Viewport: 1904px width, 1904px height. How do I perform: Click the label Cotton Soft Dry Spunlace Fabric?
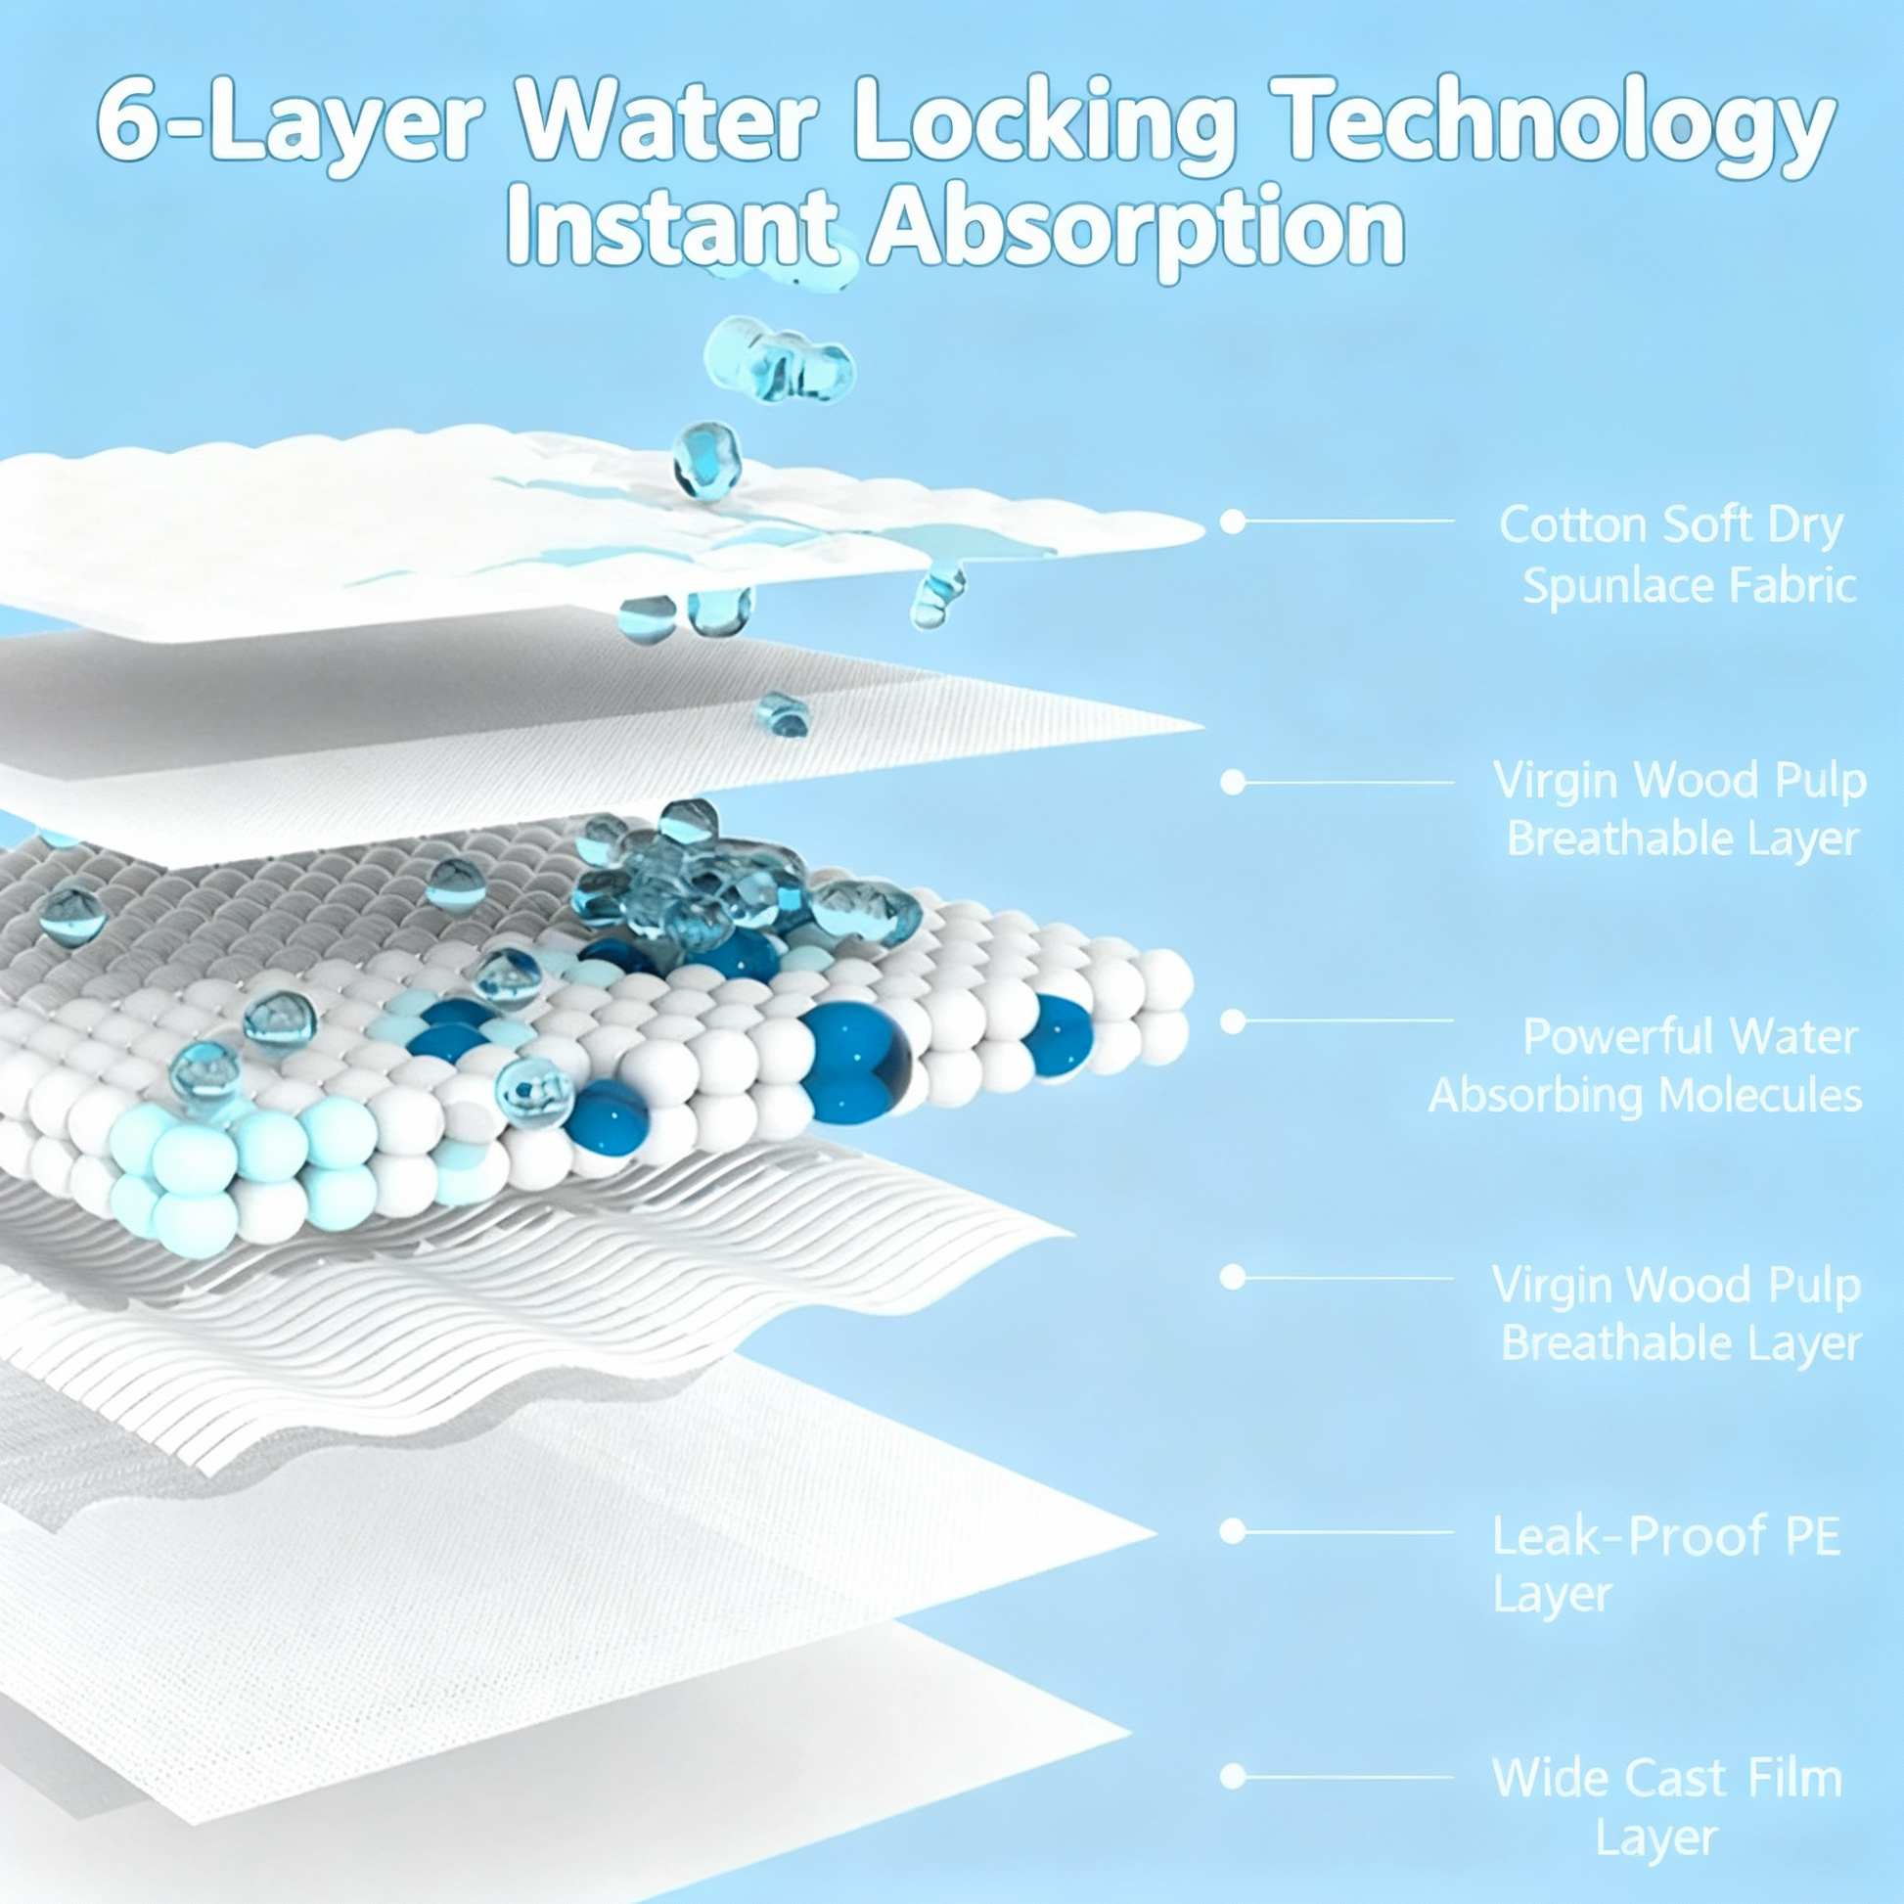1680,555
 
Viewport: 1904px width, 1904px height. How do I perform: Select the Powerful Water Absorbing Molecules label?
1644,1065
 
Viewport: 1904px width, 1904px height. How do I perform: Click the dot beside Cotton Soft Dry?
1232,521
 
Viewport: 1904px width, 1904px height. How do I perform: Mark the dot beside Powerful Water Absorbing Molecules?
1232,1022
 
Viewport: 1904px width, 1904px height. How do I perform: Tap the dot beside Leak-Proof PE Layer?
1232,1530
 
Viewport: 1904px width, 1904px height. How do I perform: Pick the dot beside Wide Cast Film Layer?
1232,1777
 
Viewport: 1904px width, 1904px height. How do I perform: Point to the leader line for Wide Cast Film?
1348,1778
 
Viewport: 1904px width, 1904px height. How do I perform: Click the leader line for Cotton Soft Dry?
1348,521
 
